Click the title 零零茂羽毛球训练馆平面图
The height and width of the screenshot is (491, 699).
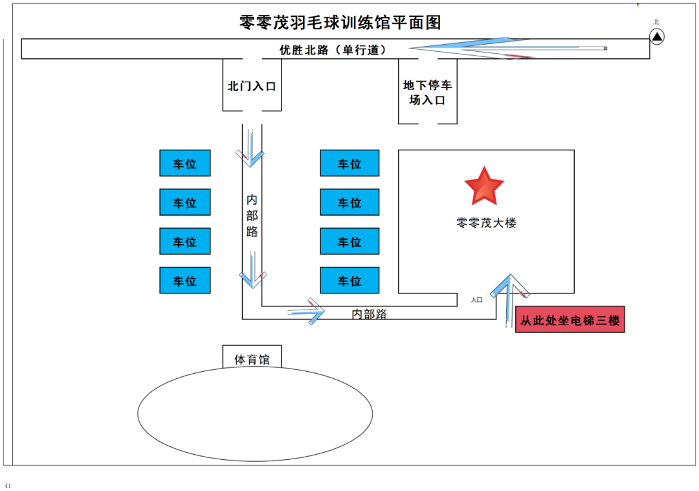(340, 23)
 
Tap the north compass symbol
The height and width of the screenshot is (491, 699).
(657, 37)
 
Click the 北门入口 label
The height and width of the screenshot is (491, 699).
(252, 86)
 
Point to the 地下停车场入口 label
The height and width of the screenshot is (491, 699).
(427, 93)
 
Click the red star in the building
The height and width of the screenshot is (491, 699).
(484, 187)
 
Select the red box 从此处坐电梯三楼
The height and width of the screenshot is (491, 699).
(570, 320)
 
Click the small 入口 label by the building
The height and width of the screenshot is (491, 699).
(476, 300)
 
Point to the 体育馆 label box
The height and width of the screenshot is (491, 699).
(252, 359)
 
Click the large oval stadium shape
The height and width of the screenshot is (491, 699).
(255, 414)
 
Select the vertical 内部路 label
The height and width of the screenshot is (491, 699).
(252, 215)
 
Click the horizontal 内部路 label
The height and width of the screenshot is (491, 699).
(369, 314)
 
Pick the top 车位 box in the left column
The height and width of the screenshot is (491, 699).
(185, 163)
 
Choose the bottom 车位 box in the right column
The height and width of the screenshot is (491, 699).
(349, 280)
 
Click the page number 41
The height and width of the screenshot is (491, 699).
(8, 485)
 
